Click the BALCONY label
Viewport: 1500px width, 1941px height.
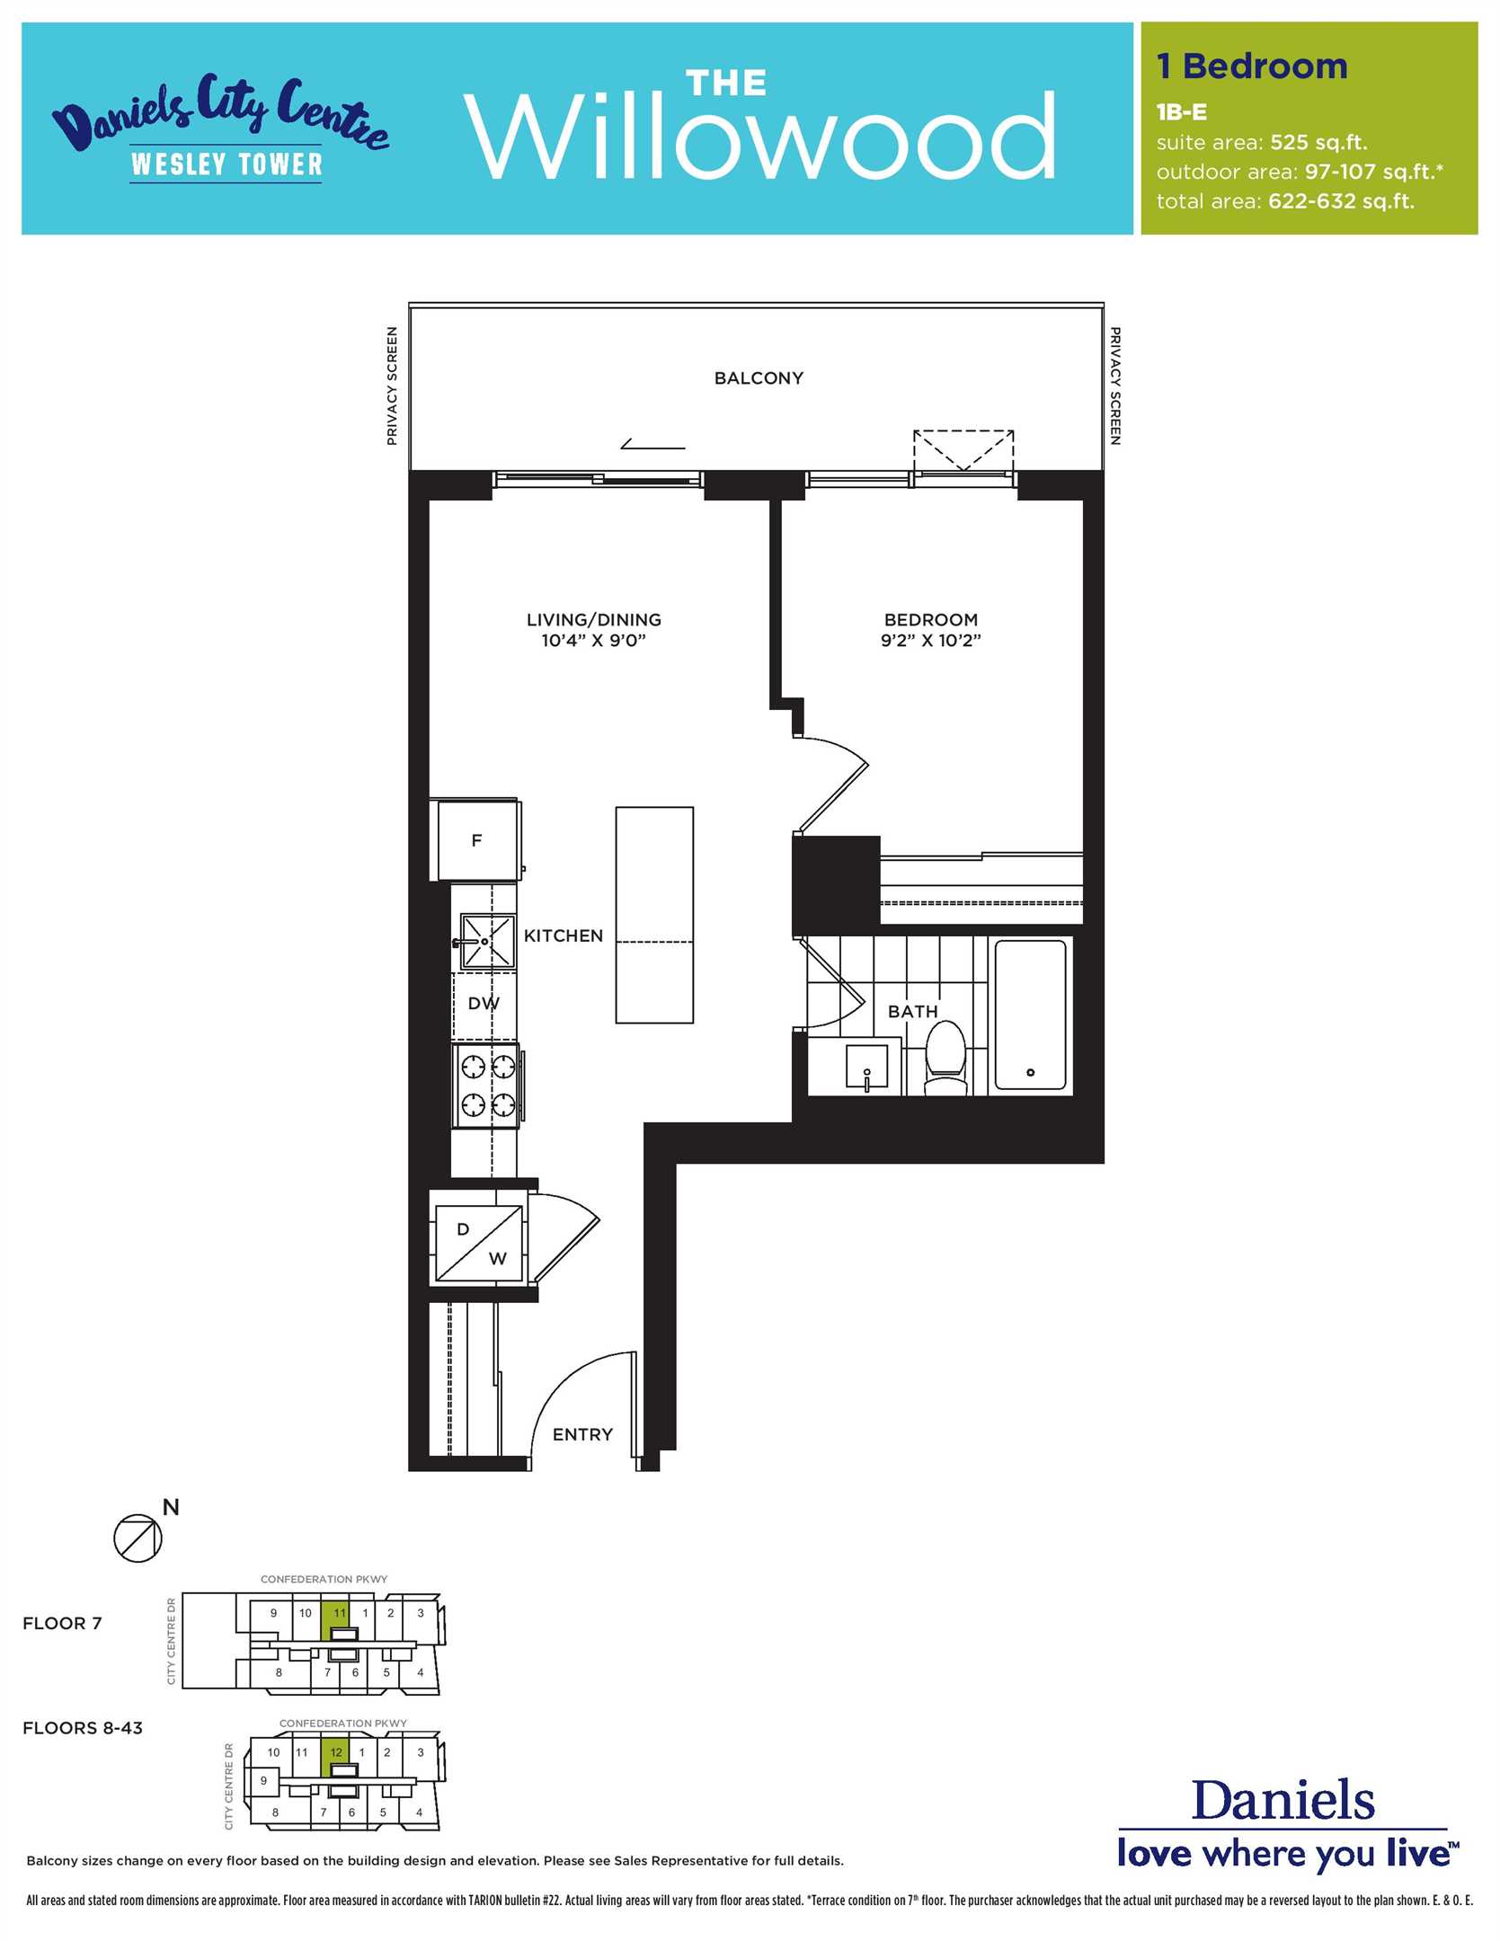(759, 378)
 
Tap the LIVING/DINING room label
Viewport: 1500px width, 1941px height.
(594, 619)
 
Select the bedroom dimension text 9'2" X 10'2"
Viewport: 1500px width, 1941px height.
(930, 641)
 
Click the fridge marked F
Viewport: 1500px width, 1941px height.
(477, 840)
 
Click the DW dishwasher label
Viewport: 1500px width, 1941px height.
(484, 1004)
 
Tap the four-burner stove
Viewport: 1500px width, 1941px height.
(487, 1086)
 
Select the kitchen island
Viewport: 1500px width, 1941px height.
(654, 915)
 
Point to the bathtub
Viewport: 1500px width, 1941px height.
(1031, 1015)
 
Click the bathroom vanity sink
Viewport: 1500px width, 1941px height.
(866, 1068)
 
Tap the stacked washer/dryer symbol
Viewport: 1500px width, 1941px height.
(479, 1243)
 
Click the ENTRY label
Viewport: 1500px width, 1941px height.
(582, 1434)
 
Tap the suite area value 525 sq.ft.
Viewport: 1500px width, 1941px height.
(1318, 143)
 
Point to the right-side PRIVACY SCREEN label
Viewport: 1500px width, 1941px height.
(1115, 386)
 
